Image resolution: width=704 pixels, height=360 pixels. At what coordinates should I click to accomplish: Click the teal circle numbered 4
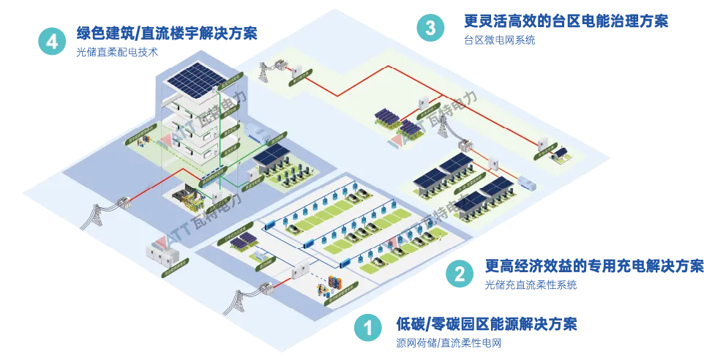coord(52,42)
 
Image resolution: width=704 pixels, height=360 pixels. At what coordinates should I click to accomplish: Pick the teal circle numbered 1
coord(368,329)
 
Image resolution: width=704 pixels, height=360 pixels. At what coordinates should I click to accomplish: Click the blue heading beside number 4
coord(166,33)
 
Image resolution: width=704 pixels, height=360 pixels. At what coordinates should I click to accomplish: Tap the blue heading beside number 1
coord(487,323)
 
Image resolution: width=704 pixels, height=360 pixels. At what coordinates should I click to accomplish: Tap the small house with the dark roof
coord(562,154)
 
